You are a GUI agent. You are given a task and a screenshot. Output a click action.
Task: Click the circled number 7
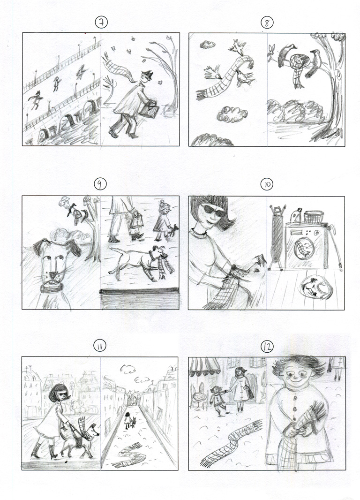point(100,22)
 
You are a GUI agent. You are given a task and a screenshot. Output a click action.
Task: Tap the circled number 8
point(267,22)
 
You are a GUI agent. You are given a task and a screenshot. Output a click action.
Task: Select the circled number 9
point(100,185)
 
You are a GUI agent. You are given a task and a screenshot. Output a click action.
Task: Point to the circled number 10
point(267,185)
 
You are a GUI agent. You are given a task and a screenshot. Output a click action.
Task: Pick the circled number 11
point(100,346)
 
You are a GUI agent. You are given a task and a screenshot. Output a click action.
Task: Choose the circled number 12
point(267,347)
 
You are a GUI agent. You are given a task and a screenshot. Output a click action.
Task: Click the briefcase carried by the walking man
point(151,110)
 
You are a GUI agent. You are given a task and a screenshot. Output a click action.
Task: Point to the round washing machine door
point(304,246)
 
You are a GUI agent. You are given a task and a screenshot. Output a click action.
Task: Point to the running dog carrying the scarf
point(136,261)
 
